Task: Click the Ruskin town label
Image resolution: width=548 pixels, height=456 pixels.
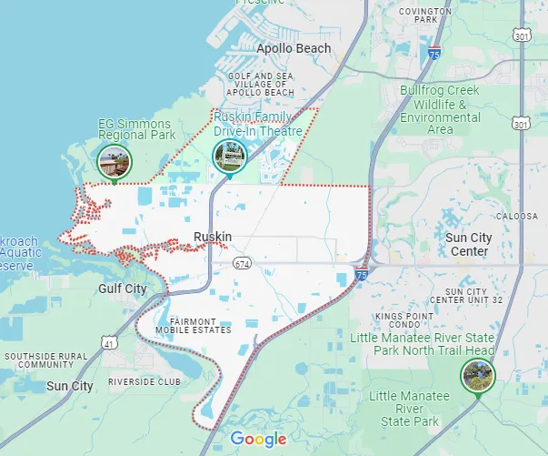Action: pyautogui.click(x=213, y=238)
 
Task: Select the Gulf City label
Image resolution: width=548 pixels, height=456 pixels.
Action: pyautogui.click(x=122, y=289)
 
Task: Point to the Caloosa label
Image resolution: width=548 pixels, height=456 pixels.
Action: pyautogui.click(x=514, y=217)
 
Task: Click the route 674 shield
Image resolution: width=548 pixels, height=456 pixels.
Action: pyautogui.click(x=241, y=264)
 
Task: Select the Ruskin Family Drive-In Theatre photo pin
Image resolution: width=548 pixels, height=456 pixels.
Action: pyautogui.click(x=229, y=157)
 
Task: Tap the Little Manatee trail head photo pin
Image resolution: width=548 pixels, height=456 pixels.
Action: pyautogui.click(x=476, y=375)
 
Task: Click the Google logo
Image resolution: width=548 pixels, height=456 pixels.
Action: pyautogui.click(x=258, y=440)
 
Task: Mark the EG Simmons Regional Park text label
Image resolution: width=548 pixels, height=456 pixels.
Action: pyautogui.click(x=136, y=129)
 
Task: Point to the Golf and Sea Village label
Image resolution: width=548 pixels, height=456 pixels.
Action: pyautogui.click(x=262, y=85)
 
